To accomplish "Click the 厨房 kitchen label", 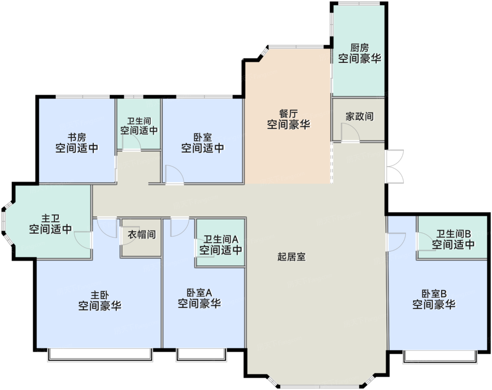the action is pyautogui.click(x=360, y=48).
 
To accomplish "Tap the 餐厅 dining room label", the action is pyautogui.click(x=289, y=114).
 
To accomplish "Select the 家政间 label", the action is pyautogui.click(x=360, y=116).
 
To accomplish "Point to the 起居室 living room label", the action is pyautogui.click(x=291, y=257).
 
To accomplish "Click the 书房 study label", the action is pyautogui.click(x=77, y=138).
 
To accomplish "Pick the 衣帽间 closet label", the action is pyautogui.click(x=142, y=235).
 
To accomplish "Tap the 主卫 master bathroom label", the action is pyautogui.click(x=51, y=219).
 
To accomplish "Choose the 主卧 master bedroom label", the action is pyautogui.click(x=100, y=295).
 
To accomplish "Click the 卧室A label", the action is pyautogui.click(x=199, y=293).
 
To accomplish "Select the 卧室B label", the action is pyautogui.click(x=434, y=294).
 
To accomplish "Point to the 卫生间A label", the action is pyautogui.click(x=221, y=239).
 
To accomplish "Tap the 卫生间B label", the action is pyautogui.click(x=454, y=234).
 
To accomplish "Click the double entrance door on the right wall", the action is pyautogui.click(x=394, y=167).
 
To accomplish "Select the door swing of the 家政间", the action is pyautogui.click(x=350, y=133).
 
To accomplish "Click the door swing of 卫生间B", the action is pyautogui.click(x=426, y=242).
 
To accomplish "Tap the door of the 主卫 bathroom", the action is pyautogui.click(x=83, y=240).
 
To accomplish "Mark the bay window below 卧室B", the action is pyautogui.click(x=440, y=357).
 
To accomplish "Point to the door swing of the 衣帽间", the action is pyautogui.click(x=127, y=236).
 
